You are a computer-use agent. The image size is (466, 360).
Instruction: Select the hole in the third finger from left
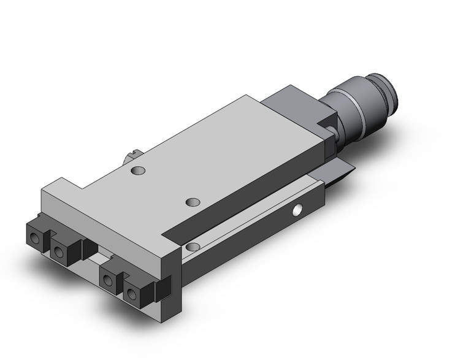coord(109,281)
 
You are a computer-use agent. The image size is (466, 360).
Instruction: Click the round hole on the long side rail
coord(298,210)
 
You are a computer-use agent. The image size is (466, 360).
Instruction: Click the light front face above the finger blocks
coord(98,221)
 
